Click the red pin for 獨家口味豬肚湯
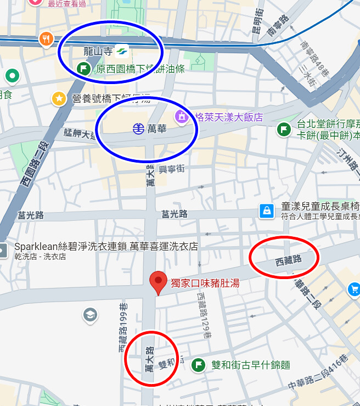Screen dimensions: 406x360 (159, 281)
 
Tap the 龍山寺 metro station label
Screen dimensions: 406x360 (98, 52)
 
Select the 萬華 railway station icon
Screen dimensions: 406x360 (139, 129)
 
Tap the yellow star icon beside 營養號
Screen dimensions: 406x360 (59, 99)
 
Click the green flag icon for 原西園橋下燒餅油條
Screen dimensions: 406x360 (83, 69)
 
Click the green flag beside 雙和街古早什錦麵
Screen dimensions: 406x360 (198, 365)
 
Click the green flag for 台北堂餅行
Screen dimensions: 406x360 (283, 129)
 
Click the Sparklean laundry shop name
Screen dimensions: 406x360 (106, 246)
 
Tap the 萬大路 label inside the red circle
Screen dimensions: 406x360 (149, 359)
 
